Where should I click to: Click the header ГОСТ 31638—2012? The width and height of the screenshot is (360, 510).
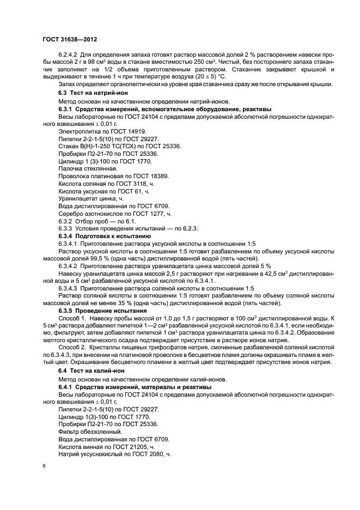click(x=70, y=39)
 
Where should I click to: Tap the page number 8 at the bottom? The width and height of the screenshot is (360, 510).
click(x=44, y=466)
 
